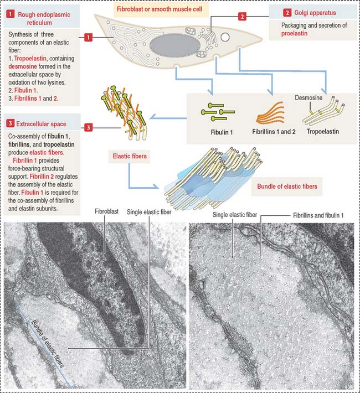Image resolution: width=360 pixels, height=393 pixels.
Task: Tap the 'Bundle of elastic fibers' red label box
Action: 287,187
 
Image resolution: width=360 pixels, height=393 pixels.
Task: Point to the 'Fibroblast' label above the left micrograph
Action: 104,211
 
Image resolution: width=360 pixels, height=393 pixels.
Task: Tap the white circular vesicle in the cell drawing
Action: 225,37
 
